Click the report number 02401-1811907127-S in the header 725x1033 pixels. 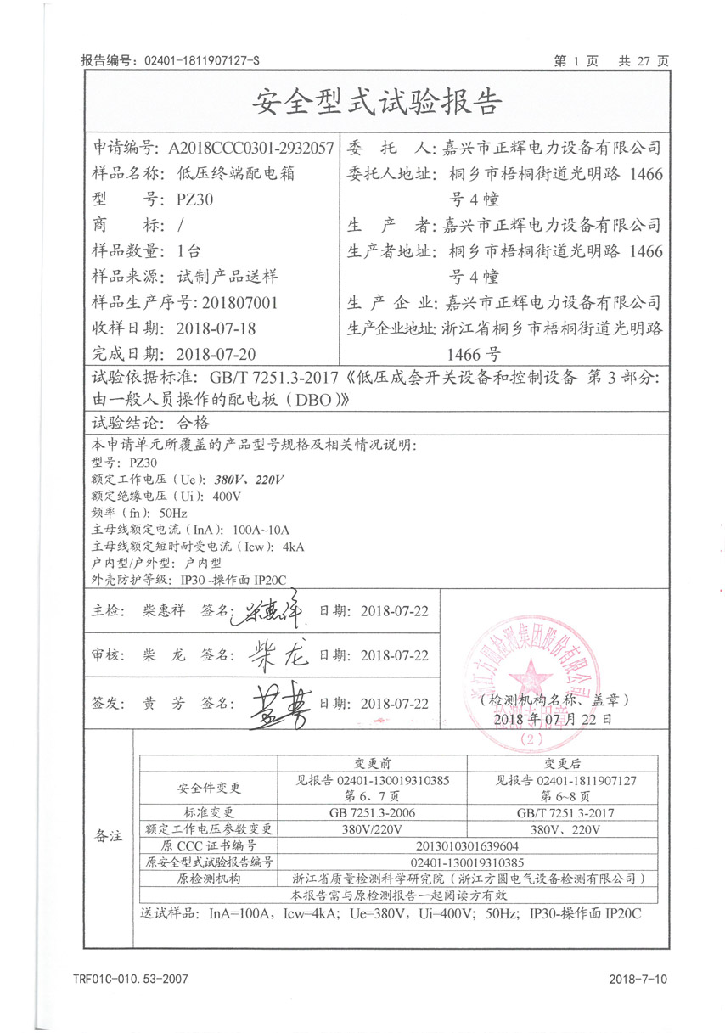[x=201, y=61]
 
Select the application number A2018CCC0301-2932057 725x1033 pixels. [x=250, y=147]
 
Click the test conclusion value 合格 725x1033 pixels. [x=191, y=422]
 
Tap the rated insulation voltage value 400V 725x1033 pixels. [x=224, y=497]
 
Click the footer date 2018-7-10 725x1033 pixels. [x=638, y=980]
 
